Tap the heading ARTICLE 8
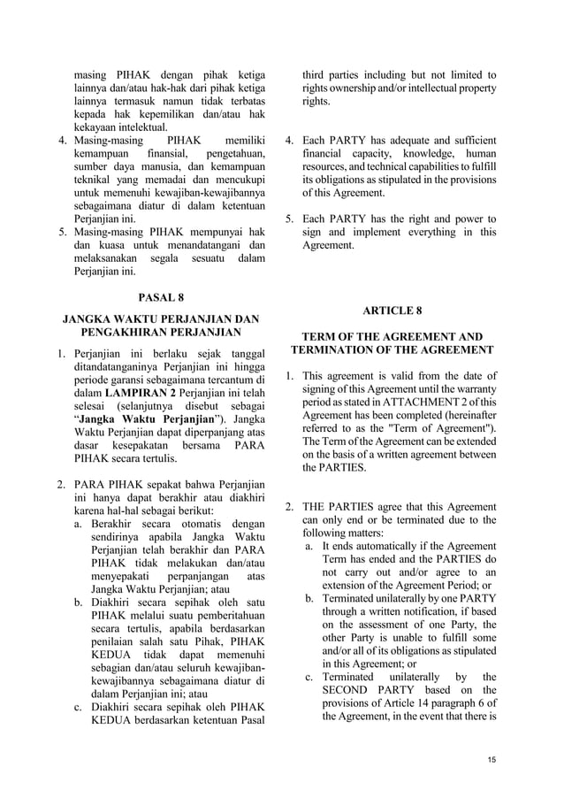tap(393, 311)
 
